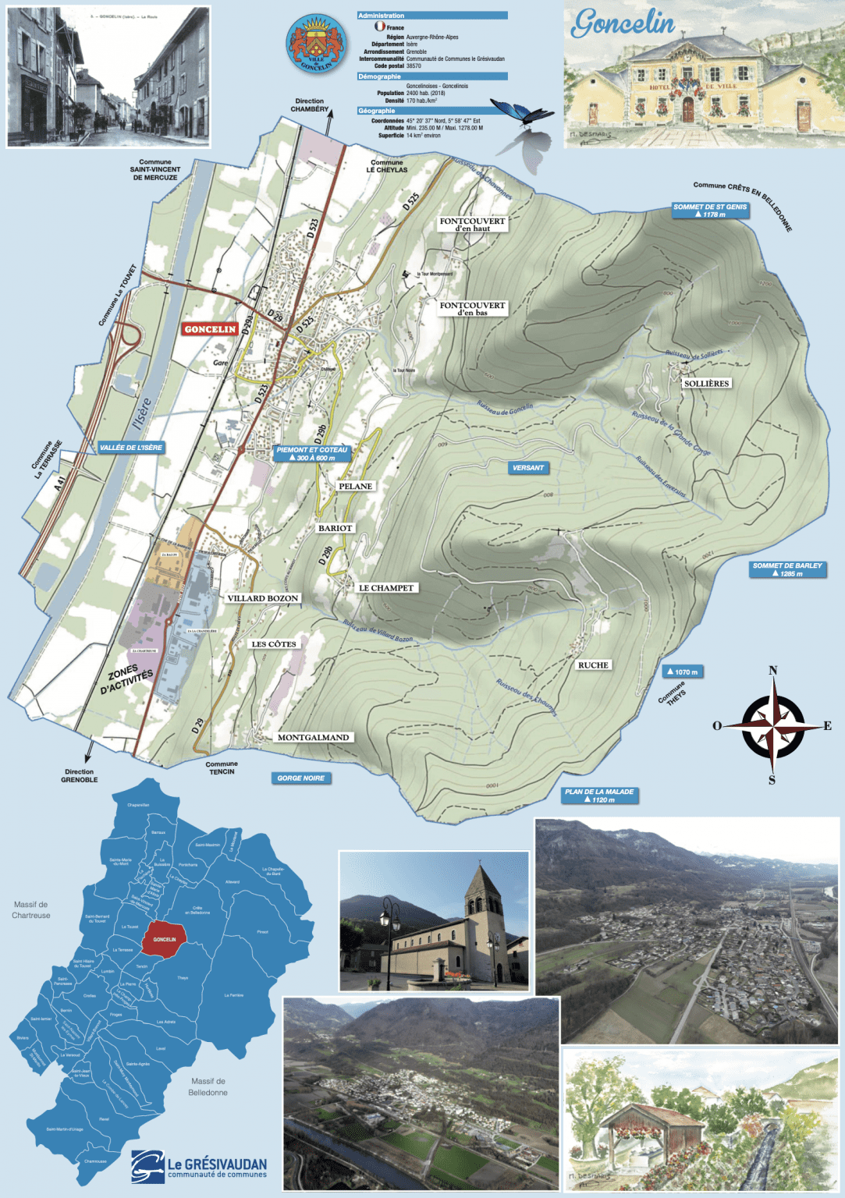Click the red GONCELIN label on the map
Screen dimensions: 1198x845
click(210, 329)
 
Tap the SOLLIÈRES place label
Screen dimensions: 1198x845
click(706, 384)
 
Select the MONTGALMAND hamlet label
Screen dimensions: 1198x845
click(313, 737)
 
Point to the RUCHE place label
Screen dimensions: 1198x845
click(593, 665)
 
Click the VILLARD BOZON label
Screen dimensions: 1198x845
click(263, 598)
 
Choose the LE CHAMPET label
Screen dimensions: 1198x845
click(386, 588)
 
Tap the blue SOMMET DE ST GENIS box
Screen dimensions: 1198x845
click(710, 211)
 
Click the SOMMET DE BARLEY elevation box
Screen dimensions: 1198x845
click(786, 569)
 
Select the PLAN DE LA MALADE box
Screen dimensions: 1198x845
click(599, 796)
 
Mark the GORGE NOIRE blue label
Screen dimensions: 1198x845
click(300, 778)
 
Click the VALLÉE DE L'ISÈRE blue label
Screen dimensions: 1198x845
click(131, 448)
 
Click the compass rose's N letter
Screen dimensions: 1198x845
click(772, 671)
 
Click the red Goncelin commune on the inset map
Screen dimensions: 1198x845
click(164, 939)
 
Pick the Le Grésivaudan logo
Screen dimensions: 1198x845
click(199, 1167)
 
